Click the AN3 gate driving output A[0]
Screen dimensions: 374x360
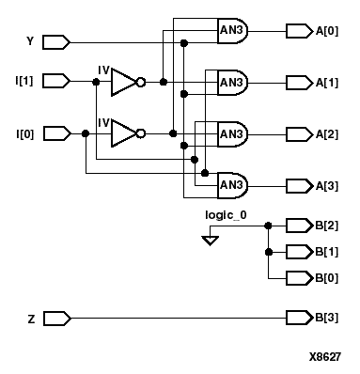[231, 30]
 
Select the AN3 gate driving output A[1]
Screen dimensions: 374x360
[231, 82]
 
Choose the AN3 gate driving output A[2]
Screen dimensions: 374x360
[231, 133]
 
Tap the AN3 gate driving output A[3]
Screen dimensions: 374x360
[231, 184]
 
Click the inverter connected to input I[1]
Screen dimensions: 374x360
[126, 82]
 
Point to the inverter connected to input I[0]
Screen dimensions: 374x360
[126, 133]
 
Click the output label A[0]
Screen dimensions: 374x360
[328, 30]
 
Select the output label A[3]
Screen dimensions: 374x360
[328, 184]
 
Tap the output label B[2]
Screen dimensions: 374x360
[328, 225]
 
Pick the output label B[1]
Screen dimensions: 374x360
[328, 252]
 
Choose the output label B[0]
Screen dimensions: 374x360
[328, 279]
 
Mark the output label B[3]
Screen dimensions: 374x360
[328, 318]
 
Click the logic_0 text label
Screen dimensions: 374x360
[226, 215]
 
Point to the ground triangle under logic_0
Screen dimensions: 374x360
[211, 241]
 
